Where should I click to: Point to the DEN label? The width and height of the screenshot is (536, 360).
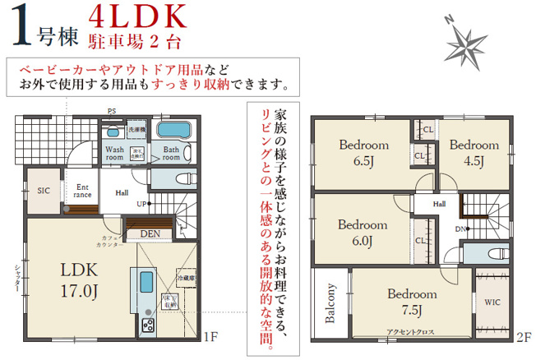click(x=150, y=234)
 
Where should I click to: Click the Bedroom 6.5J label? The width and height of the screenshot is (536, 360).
click(x=363, y=152)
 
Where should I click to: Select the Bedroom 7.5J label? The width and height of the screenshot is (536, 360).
click(x=412, y=302)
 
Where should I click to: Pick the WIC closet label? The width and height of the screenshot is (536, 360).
click(x=492, y=302)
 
